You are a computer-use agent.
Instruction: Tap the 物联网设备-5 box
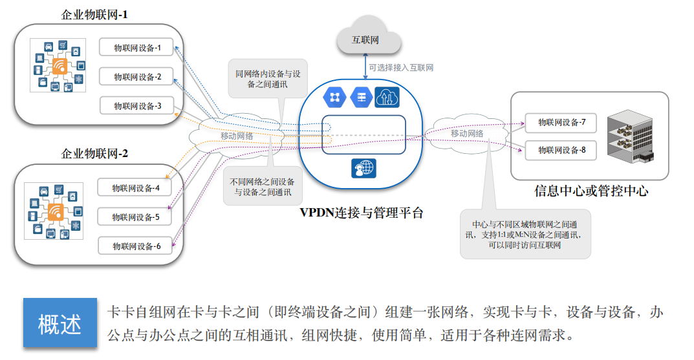coord(134,217)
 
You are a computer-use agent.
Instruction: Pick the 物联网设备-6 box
coord(135,246)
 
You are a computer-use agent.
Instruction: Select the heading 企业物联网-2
coord(94,154)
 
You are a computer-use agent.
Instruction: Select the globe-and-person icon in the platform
coord(363,168)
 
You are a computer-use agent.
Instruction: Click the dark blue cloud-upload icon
coord(387,98)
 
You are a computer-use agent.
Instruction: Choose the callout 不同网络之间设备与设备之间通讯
coord(262,187)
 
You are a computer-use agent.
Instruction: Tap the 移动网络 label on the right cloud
coord(468,132)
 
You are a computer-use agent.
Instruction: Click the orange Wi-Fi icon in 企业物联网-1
coord(60,66)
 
